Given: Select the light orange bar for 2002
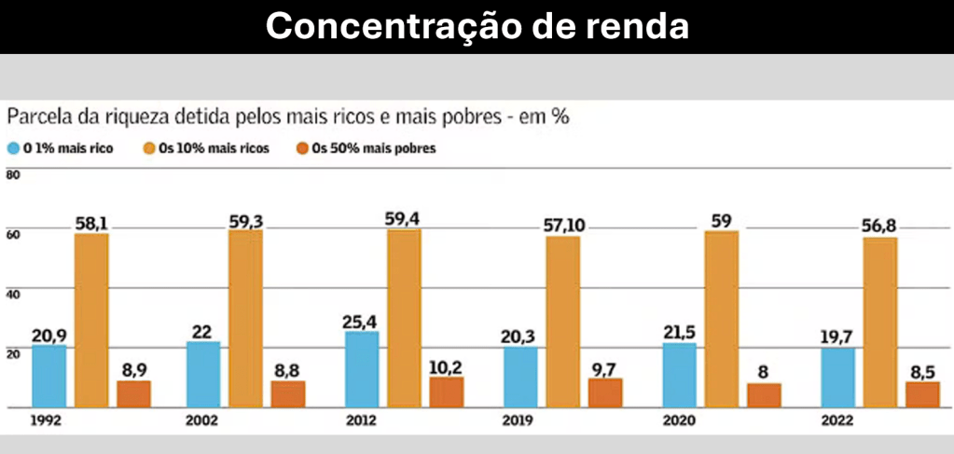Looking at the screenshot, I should coord(245,319).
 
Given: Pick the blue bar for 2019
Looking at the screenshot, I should coord(520,378).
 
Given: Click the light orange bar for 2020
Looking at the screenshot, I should coord(721,319).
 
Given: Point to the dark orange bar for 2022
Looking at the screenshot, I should coord(922,394).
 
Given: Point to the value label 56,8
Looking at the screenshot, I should coord(879,226).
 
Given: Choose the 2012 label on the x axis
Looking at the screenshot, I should coord(362,420).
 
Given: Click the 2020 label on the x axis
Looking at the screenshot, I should coord(679,420).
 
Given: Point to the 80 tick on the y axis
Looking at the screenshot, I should coord(12,174).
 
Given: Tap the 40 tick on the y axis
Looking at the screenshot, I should coord(12,293).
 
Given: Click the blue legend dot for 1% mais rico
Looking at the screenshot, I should coord(13,148).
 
